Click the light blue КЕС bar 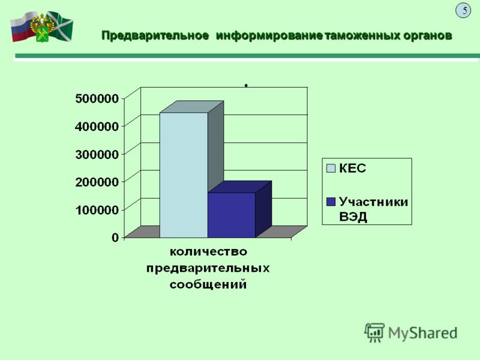coord(184,175)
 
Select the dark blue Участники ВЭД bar coord(232,215)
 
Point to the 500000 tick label coord(97,98)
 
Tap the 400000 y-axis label coord(97,126)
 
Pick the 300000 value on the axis coord(97,154)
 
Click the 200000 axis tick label coord(97,182)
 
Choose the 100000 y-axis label coord(97,209)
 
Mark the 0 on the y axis coord(115,237)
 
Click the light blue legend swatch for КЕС coord(331,169)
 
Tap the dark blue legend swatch coord(331,202)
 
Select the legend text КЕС coord(352,169)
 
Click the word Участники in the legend coord(373,202)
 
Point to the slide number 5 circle coord(463,10)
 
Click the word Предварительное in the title coord(155,35)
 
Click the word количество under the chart coord(208,251)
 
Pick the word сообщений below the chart coord(208,284)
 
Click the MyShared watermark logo coord(411,333)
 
